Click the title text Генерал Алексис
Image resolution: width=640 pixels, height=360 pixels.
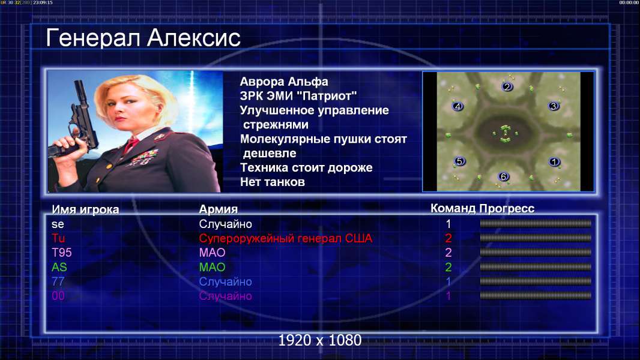pyautogui.click(x=143, y=38)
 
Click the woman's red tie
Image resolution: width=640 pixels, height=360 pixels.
pyautogui.click(x=131, y=145)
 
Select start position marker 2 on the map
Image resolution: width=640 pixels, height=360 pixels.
pyautogui.click(x=507, y=86)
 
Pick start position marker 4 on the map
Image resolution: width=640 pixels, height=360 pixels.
pyautogui.click(x=457, y=106)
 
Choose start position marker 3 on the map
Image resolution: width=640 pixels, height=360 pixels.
pyautogui.click(x=554, y=106)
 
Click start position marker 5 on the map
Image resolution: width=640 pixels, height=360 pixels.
pyautogui.click(x=460, y=161)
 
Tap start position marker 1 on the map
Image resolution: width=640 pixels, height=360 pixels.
pyautogui.click(x=554, y=162)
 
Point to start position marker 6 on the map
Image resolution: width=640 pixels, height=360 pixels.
pyautogui.click(x=503, y=176)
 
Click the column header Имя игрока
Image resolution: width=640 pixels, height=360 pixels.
pyautogui.click(x=85, y=209)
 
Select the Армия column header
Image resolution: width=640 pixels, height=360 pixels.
pyautogui.click(x=219, y=209)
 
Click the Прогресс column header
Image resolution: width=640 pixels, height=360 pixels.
pyautogui.click(x=507, y=208)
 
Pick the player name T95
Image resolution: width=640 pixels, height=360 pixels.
pyautogui.click(x=62, y=253)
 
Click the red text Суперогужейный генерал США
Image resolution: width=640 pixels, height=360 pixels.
pyautogui.click(x=286, y=238)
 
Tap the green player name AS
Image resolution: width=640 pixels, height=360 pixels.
pyautogui.click(x=59, y=267)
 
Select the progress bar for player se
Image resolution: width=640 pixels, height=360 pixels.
pyautogui.click(x=536, y=223)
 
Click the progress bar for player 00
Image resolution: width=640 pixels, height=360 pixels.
pyautogui.click(x=536, y=295)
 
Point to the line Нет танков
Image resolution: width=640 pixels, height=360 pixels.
pyautogui.click(x=273, y=182)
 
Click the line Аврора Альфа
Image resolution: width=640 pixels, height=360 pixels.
pyautogui.click(x=284, y=82)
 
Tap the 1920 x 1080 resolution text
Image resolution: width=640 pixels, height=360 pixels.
pyautogui.click(x=320, y=340)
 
